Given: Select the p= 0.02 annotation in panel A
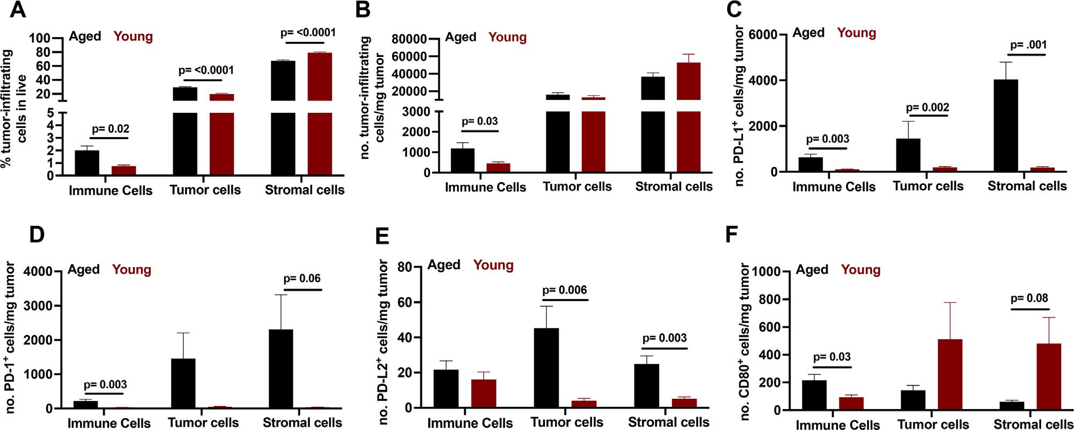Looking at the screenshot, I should tap(111, 129).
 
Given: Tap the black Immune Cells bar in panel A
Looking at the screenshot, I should tap(86, 163).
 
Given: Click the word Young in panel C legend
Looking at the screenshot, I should tap(856, 33).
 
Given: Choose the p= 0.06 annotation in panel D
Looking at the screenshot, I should tap(302, 278).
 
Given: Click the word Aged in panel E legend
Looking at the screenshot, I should tap(443, 265).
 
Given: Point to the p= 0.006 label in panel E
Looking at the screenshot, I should tap(565, 290).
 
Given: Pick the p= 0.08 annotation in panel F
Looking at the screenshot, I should tap(1029, 298).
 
